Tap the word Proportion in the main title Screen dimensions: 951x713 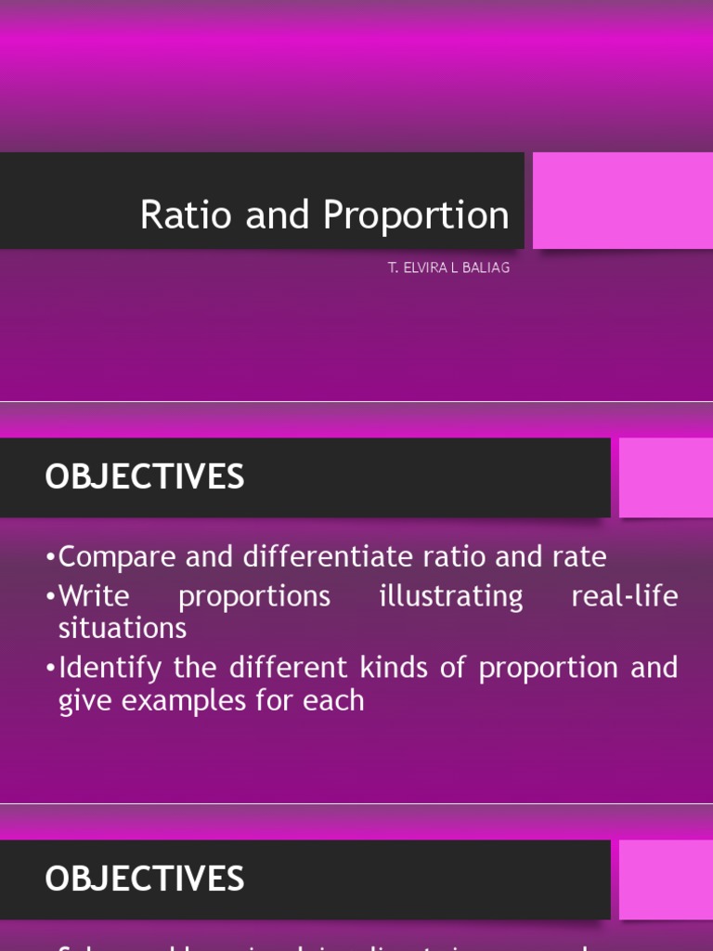pyautogui.click(x=416, y=215)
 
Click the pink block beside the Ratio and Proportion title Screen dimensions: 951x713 pyautogui.click(x=622, y=201)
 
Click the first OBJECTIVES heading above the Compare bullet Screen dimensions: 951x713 pyautogui.click(x=145, y=477)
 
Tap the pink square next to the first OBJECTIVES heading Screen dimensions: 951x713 pyautogui.click(x=665, y=477)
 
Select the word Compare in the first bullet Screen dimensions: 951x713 pyautogui.click(x=118, y=557)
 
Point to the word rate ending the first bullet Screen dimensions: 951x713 pyautogui.click(x=578, y=557)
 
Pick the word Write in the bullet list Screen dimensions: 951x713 pyautogui.click(x=94, y=596)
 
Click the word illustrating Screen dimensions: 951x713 pyautogui.click(x=451, y=596)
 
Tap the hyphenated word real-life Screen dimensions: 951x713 pyautogui.click(x=625, y=596)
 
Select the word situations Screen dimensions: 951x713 pyautogui.click(x=123, y=629)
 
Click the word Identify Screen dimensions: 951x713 pyautogui.click(x=110, y=668)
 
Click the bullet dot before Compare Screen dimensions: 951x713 pyautogui.click(x=50, y=558)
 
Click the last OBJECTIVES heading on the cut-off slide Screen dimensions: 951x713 pyautogui.click(x=145, y=879)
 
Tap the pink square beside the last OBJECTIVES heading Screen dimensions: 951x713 pyautogui.click(x=665, y=879)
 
